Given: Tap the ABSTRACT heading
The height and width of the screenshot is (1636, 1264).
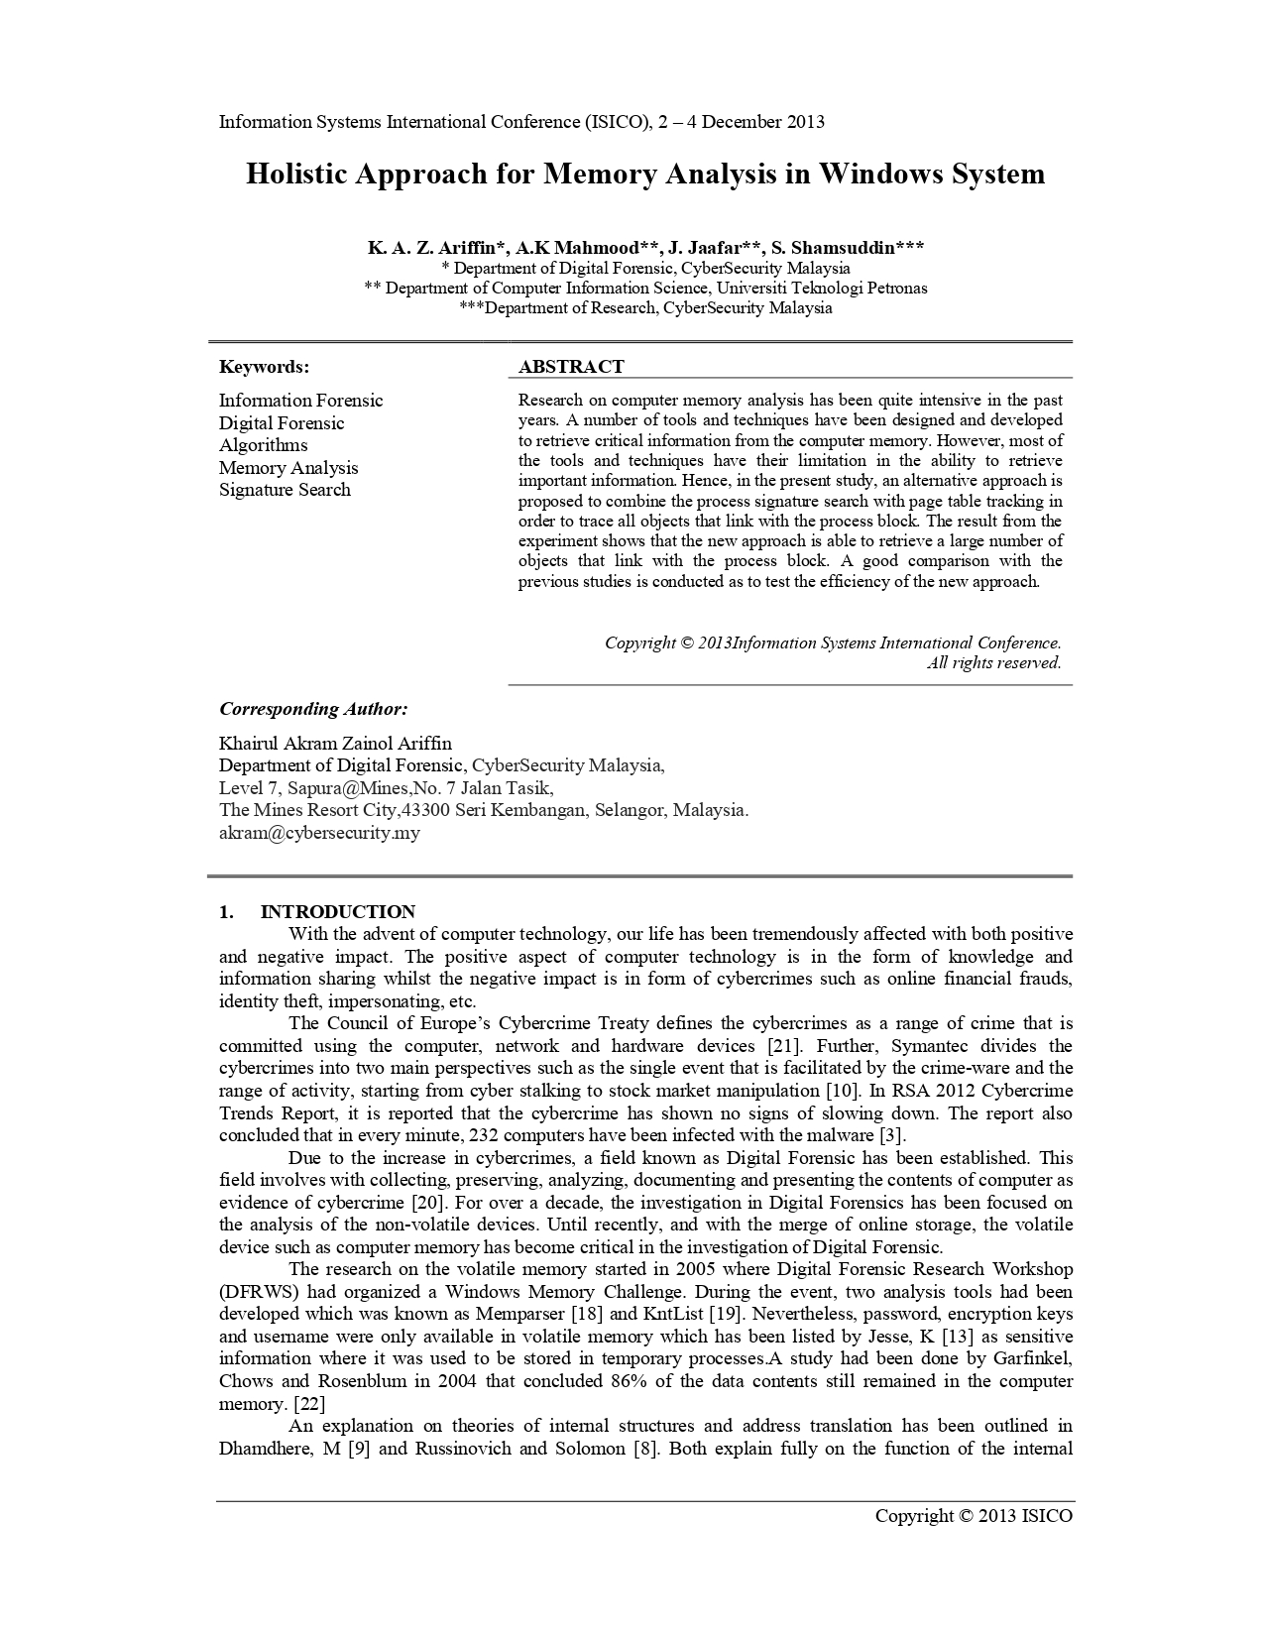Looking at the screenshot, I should pyautogui.click(x=571, y=367).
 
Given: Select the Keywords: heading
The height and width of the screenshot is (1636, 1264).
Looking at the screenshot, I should pyautogui.click(x=264, y=367).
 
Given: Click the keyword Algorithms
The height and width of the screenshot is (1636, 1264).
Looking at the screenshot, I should pyautogui.click(x=263, y=445).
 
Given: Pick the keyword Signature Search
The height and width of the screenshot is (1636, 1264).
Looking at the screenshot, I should pyautogui.click(x=285, y=490).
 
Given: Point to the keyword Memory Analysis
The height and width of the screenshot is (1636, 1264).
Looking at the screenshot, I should pyautogui.click(x=288, y=468).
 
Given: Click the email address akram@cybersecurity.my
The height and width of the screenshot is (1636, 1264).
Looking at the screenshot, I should pyautogui.click(x=319, y=833).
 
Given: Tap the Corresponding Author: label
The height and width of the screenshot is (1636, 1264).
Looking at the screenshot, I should pyautogui.click(x=313, y=709).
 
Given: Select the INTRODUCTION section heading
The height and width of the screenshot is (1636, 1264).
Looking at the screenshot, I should pyautogui.click(x=337, y=912).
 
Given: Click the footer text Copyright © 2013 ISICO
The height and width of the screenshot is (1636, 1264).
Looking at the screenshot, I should pyautogui.click(x=973, y=1515).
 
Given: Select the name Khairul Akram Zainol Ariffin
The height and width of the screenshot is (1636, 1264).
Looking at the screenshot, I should pyautogui.click(x=335, y=744).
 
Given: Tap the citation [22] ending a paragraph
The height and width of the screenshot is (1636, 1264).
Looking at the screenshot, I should pyautogui.click(x=310, y=1404).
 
